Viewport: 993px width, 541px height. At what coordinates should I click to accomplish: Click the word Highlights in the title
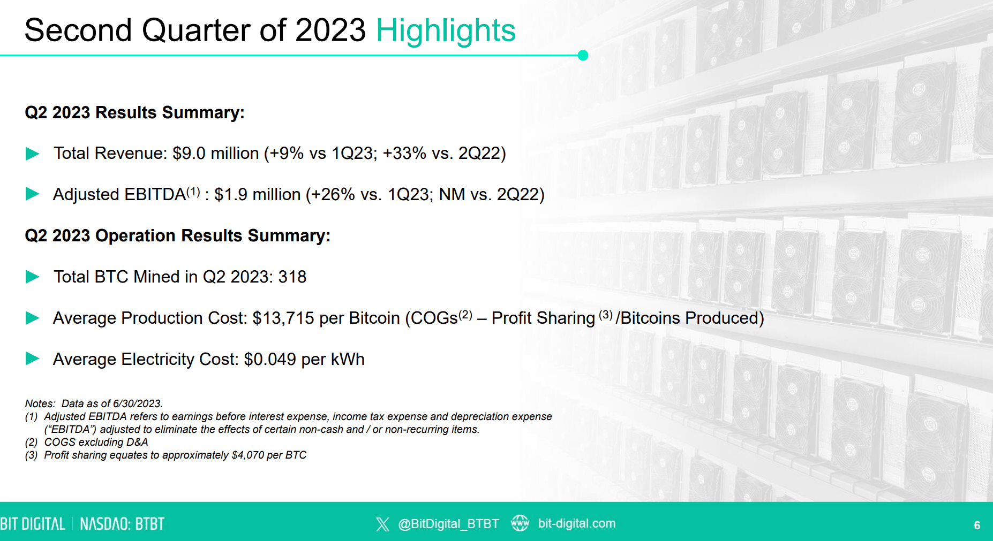pos(446,31)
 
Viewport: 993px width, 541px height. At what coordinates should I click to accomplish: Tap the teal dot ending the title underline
pos(583,55)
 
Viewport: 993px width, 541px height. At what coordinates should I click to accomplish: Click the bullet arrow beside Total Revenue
pos(33,154)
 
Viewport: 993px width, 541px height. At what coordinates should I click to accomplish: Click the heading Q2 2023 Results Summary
pos(134,113)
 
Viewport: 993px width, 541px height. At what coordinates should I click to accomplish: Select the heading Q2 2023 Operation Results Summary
pos(177,236)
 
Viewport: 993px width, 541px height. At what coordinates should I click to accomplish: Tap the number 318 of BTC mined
pos(292,277)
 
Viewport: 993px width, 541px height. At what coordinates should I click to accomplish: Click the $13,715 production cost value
pos(283,318)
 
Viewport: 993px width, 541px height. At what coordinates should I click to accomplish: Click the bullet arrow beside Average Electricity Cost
pos(33,359)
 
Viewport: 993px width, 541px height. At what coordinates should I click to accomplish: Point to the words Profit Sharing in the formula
pos(543,318)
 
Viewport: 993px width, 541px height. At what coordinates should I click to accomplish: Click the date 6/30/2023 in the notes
pos(137,404)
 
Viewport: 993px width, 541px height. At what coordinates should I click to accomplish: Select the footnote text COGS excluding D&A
pos(96,443)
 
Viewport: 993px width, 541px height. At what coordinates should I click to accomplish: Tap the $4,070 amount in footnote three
pos(247,455)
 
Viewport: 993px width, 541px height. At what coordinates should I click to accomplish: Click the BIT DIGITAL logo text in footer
pos(33,524)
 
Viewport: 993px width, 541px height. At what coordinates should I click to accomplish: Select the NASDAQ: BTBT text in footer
pos(122,524)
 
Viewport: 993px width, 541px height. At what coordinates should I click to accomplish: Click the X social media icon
pos(382,524)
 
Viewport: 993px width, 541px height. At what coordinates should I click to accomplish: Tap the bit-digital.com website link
pos(576,523)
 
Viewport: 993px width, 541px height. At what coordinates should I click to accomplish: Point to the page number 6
pos(977,525)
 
